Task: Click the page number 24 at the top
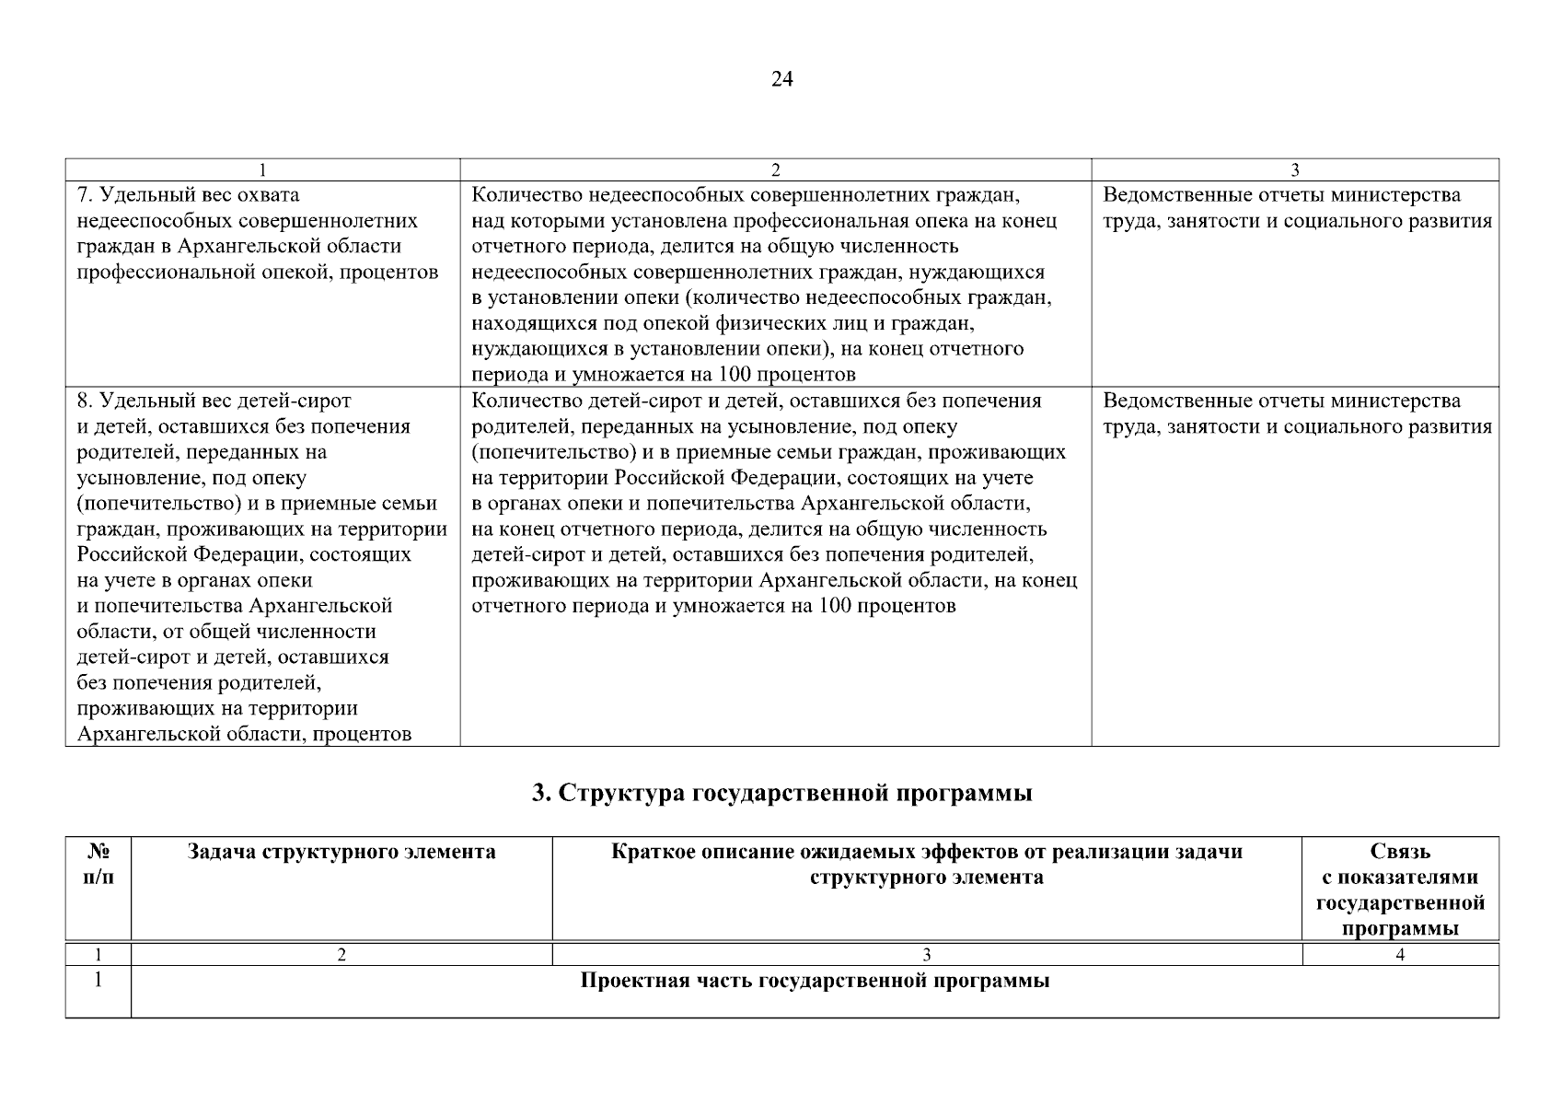click(781, 79)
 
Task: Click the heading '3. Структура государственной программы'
click(781, 794)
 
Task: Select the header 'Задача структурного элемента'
click(341, 852)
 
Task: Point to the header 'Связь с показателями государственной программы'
click(1400, 890)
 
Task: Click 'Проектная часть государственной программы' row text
click(814, 981)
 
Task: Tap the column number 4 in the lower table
click(1400, 955)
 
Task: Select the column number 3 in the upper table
click(1295, 169)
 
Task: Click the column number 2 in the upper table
click(775, 169)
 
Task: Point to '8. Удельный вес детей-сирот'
click(214, 401)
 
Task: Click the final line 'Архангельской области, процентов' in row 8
click(244, 735)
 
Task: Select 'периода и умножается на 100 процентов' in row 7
click(663, 375)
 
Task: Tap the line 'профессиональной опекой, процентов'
click(257, 273)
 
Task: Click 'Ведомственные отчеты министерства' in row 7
click(1281, 195)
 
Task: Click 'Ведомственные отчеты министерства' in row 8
click(1281, 401)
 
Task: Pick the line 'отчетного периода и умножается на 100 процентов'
click(713, 606)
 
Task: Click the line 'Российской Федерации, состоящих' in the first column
click(244, 555)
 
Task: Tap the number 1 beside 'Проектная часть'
click(98, 981)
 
